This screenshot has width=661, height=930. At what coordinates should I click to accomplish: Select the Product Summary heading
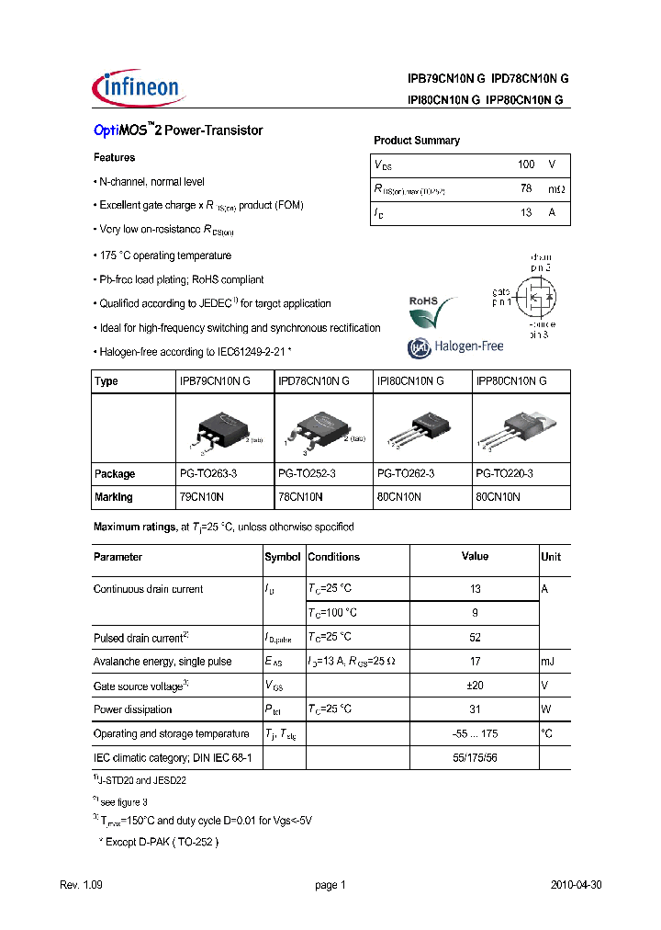(x=416, y=141)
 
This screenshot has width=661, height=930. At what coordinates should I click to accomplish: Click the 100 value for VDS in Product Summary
(x=525, y=164)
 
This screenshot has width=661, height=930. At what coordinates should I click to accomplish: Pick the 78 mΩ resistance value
(x=525, y=189)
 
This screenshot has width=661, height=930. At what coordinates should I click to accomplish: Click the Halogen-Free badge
(x=454, y=347)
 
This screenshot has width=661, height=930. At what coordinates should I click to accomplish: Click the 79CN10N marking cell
(x=199, y=497)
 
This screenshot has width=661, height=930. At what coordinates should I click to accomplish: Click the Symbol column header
(x=283, y=557)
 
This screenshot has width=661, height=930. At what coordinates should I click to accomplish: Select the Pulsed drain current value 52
(x=475, y=637)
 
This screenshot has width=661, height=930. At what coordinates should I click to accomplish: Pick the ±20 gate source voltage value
(x=475, y=686)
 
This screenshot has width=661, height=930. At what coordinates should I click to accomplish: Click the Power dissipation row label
(x=132, y=709)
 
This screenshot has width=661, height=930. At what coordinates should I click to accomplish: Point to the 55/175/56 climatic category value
(x=475, y=758)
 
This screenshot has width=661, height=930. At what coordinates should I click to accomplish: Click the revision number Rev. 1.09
(x=80, y=885)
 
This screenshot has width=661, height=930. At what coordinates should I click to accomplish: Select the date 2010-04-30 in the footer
(x=576, y=885)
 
